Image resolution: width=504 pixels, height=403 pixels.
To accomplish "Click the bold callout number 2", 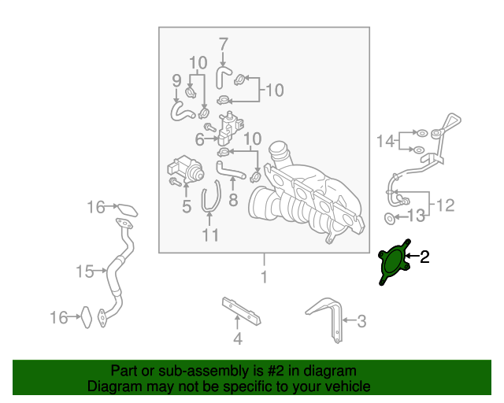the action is [424, 257].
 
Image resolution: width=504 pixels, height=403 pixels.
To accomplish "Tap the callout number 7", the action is [223, 44].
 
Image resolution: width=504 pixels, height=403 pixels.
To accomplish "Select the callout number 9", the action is [176, 80].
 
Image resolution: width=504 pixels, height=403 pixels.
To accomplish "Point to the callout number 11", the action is [210, 235].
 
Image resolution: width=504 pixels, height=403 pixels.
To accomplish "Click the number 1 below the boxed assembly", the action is [265, 277].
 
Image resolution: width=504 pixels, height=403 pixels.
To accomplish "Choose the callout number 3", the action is [361, 321].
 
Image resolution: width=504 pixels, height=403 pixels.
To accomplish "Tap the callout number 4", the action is [238, 338].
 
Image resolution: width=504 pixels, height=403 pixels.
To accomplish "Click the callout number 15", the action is [85, 272].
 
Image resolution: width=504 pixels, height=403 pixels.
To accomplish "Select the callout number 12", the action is [446, 205].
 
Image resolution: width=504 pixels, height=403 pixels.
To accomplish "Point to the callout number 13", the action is [417, 216].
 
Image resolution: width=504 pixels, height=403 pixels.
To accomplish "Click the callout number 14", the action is [385, 141].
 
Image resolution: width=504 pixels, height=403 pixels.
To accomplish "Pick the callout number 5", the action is [187, 206].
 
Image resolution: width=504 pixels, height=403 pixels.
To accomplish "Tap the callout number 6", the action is [199, 139].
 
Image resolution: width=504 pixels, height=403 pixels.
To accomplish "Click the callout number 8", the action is [233, 200].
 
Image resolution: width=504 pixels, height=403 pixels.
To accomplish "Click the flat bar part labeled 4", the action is [241, 311].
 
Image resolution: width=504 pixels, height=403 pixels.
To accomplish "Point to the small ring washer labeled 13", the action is [390, 219].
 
